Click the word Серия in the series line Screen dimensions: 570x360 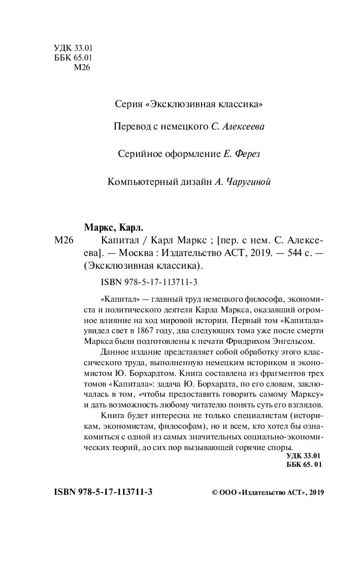pos(128,105)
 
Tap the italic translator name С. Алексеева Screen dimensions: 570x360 pos(238,126)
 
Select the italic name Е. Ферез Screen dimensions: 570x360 pos(242,154)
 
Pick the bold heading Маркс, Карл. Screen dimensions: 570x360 pos(113,227)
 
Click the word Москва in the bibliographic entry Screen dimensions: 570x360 pos(138,252)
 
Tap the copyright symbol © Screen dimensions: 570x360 pos(213,493)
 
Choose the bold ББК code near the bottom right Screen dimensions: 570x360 pos(303,465)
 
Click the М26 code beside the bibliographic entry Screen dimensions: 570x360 pos(64,240)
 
